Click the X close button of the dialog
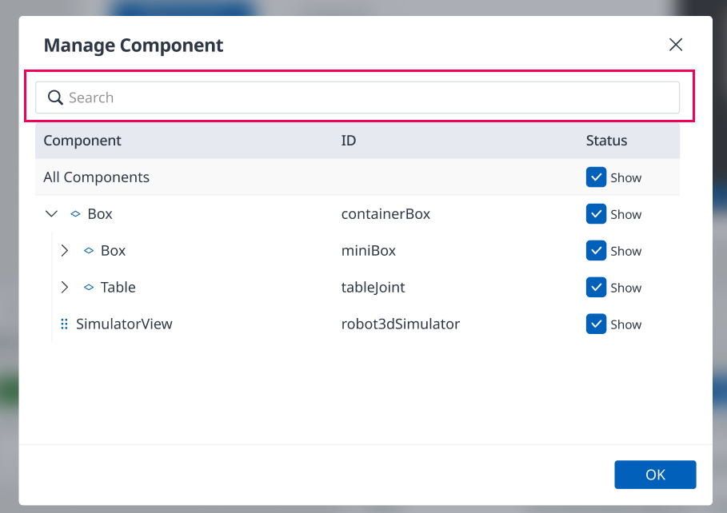(x=676, y=45)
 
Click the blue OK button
(x=655, y=475)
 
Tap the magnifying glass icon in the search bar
(x=55, y=97)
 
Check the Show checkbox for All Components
(x=597, y=177)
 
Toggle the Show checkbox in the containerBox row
(x=597, y=213)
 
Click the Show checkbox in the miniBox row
(x=597, y=250)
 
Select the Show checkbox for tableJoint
(x=597, y=288)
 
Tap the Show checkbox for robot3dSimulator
(x=597, y=324)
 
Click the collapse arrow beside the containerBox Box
(x=51, y=213)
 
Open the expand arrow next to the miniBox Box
(x=65, y=250)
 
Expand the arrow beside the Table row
(x=65, y=288)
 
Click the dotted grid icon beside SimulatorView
(x=65, y=324)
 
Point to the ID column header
(x=349, y=141)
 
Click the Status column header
(x=606, y=141)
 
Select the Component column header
(x=82, y=141)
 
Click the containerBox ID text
(x=385, y=213)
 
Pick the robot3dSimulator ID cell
(x=401, y=324)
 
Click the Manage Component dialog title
(x=134, y=46)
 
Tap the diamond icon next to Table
(x=89, y=288)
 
